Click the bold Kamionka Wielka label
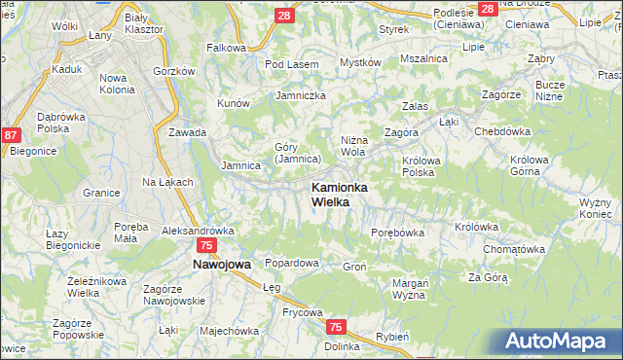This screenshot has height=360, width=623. pos(337,194)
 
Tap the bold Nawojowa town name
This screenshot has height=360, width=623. pos(222,264)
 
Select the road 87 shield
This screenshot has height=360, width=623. pos(12,137)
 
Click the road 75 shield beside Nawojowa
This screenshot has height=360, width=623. pos(204,246)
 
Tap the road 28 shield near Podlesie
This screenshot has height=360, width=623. pos(487,8)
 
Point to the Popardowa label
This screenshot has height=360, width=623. pos(292,264)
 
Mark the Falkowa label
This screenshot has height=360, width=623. pos(226,47)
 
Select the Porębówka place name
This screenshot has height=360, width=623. pos(398,233)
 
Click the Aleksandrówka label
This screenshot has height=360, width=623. pos(198,231)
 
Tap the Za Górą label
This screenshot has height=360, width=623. pos(488,277)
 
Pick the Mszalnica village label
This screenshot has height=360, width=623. pos(423,58)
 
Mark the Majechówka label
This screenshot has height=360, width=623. pos(229,330)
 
